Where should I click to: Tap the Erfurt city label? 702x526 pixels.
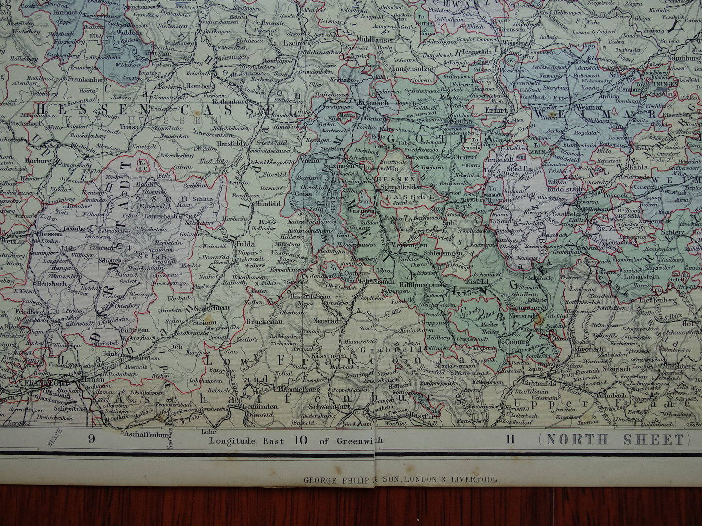tap(496, 110)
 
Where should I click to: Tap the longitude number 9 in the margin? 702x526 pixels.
tap(91, 440)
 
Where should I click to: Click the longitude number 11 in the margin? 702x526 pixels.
tap(509, 440)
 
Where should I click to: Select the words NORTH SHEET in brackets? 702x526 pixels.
tap(615, 440)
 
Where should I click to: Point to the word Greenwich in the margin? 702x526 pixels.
tap(358, 440)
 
